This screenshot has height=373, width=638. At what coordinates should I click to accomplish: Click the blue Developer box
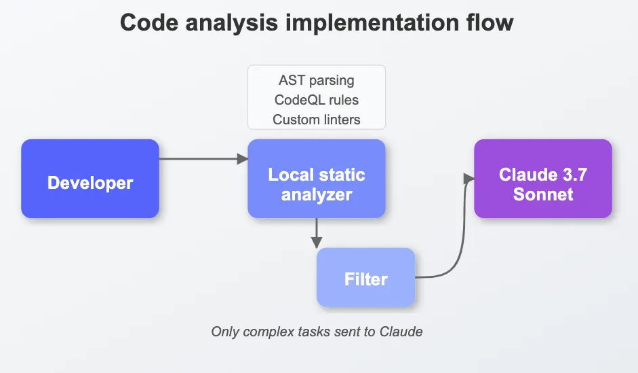(x=90, y=179)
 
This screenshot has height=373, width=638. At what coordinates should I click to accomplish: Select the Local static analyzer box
(x=317, y=179)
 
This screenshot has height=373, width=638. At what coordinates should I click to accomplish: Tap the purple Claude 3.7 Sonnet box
(x=543, y=179)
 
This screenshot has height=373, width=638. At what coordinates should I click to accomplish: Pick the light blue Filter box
(x=366, y=277)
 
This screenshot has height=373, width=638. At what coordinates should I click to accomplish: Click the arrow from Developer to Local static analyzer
(x=203, y=158)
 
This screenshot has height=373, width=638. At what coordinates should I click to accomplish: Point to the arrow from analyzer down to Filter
(x=317, y=233)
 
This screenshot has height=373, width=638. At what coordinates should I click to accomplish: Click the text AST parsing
(x=317, y=80)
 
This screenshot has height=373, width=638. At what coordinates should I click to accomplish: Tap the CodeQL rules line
(x=317, y=100)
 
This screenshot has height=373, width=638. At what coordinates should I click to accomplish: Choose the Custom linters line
(x=317, y=120)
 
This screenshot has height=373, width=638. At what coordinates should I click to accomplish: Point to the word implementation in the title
(x=372, y=23)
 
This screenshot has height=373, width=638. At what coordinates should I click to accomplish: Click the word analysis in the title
(x=231, y=23)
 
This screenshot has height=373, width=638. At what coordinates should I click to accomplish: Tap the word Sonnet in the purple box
(x=543, y=194)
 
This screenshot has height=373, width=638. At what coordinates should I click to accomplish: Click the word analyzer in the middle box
(x=317, y=195)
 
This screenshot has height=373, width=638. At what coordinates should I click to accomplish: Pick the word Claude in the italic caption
(x=401, y=332)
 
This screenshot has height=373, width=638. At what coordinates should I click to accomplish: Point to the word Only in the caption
(x=225, y=332)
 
